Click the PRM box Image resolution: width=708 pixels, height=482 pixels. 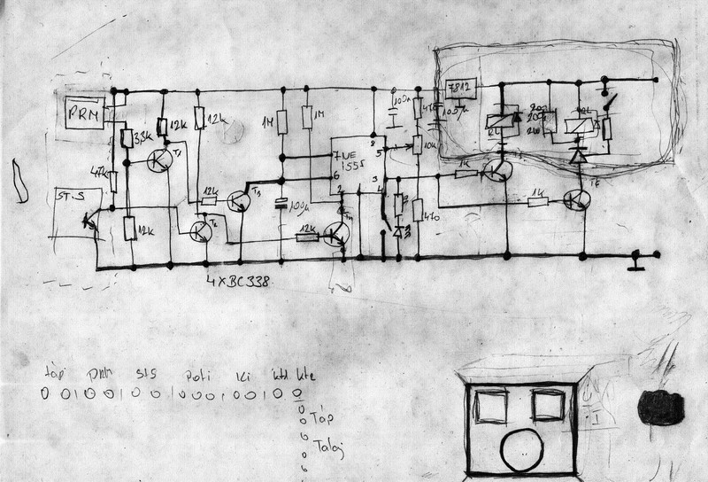click(x=86, y=113)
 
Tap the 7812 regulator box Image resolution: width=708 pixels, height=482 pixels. click(x=461, y=89)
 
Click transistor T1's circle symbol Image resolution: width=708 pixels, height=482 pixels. click(x=161, y=160)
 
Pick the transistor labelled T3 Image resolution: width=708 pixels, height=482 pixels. click(x=241, y=201)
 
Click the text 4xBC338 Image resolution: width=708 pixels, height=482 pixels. click(x=236, y=283)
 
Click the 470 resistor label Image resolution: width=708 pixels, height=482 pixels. click(x=433, y=215)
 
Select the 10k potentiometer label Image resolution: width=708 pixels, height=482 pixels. click(x=430, y=144)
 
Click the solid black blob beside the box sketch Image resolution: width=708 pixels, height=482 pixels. click(x=661, y=409)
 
